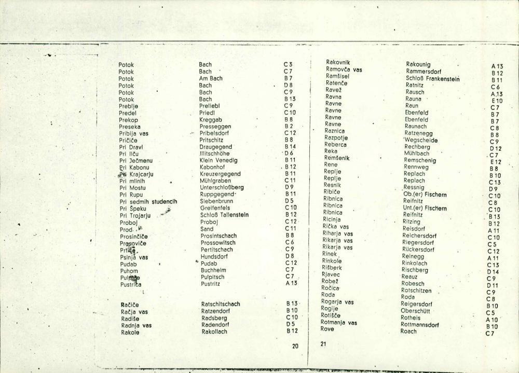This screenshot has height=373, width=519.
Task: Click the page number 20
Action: (x=295, y=346)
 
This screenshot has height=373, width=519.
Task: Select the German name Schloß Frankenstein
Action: (x=433, y=79)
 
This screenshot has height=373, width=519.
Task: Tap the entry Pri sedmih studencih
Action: (x=148, y=201)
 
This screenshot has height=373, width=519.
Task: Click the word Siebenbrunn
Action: (x=216, y=201)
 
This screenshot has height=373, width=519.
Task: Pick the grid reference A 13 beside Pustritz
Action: (x=290, y=283)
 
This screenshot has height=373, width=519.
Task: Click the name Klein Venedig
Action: (x=218, y=160)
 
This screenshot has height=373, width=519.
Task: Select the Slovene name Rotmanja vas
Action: (x=339, y=322)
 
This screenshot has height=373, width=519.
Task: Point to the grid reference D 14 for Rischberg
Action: (x=493, y=272)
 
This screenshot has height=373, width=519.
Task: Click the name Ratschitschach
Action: (x=221, y=304)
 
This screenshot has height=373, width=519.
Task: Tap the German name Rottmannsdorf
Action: (x=420, y=325)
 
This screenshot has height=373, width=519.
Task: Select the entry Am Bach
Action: (x=211, y=79)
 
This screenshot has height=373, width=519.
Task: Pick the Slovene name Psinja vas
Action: (x=134, y=257)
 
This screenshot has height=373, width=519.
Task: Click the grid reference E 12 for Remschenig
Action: (x=496, y=162)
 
